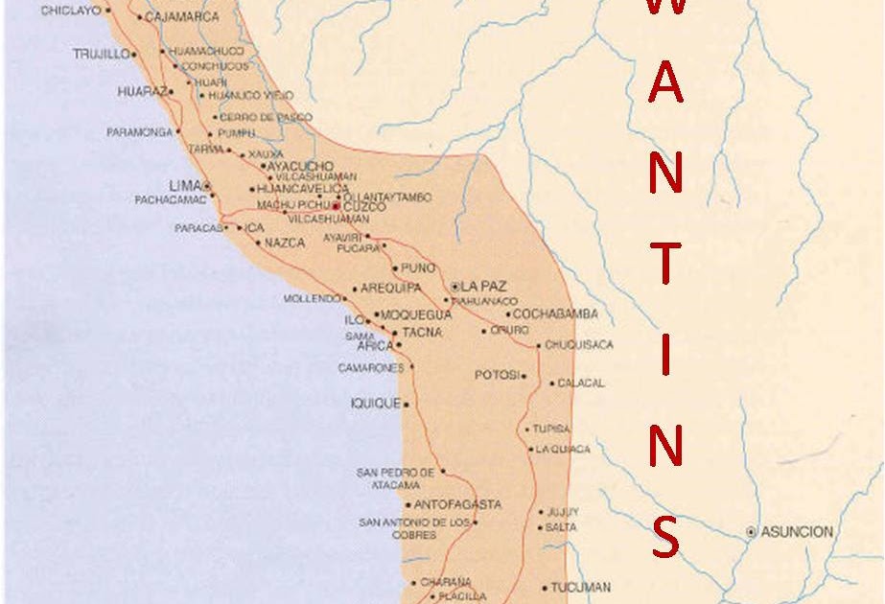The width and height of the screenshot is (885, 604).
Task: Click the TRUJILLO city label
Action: (x=101, y=55)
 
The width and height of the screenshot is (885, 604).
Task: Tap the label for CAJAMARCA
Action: (x=182, y=16)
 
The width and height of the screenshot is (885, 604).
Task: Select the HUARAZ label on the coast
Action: (x=142, y=92)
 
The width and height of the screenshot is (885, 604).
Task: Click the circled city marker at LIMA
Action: (x=207, y=185)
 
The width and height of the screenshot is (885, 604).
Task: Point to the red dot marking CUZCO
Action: (x=336, y=206)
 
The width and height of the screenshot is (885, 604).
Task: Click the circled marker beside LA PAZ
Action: (x=455, y=286)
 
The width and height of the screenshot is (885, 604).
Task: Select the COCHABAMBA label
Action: (x=555, y=314)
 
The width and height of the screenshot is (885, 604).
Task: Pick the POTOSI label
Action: (x=497, y=375)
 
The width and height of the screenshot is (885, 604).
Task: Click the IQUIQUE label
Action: (x=375, y=404)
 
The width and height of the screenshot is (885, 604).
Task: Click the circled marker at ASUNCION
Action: (x=751, y=532)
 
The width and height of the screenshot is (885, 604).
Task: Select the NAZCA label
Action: (x=286, y=244)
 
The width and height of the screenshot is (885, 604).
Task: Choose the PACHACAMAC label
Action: (x=171, y=199)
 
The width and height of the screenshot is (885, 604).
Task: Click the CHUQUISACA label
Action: (x=579, y=345)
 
